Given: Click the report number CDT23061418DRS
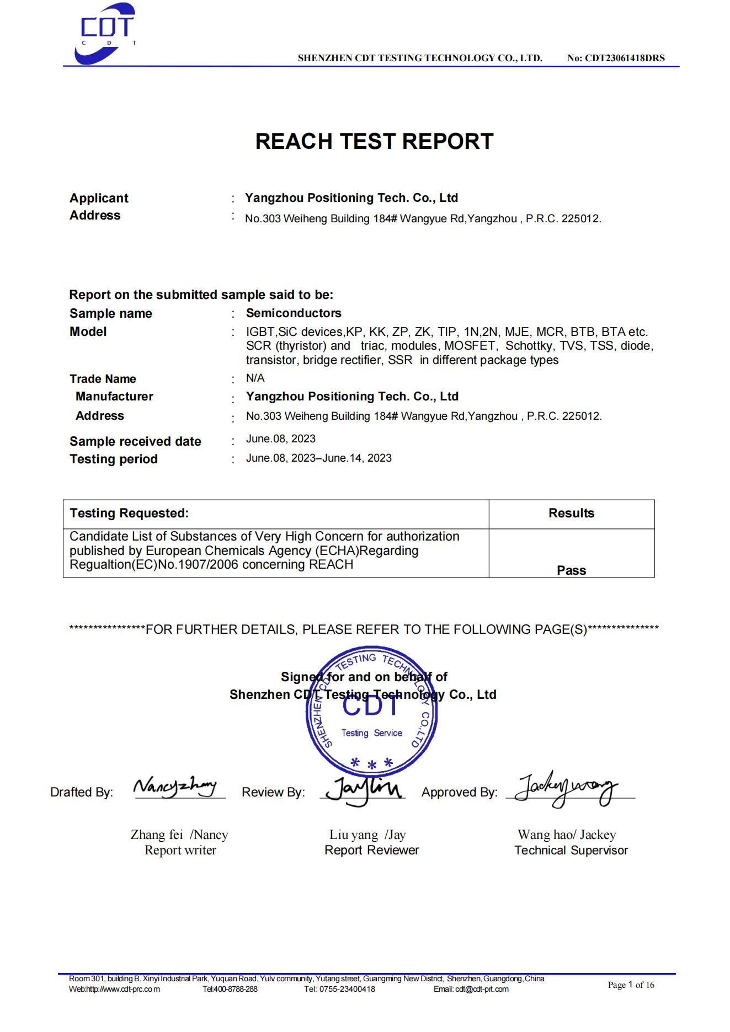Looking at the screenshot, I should [x=616, y=58].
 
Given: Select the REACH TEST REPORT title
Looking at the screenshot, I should [x=374, y=141].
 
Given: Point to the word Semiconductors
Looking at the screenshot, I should [x=294, y=313].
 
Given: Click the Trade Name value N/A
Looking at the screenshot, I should [x=255, y=378].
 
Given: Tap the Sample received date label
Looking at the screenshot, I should [x=135, y=441].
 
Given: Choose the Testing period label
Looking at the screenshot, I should [x=114, y=459].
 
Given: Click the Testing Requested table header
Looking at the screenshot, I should [x=129, y=513].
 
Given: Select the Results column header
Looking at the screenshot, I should [x=571, y=513].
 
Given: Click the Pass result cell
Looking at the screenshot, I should [x=571, y=570].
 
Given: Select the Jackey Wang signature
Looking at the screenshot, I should [x=565, y=789].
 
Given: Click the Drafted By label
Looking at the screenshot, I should [x=82, y=792].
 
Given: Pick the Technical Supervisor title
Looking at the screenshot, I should [x=571, y=850].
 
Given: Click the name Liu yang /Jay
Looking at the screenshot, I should [x=367, y=835].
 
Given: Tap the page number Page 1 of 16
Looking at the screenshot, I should [x=631, y=985].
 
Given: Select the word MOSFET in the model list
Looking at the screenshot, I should [x=472, y=346].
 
